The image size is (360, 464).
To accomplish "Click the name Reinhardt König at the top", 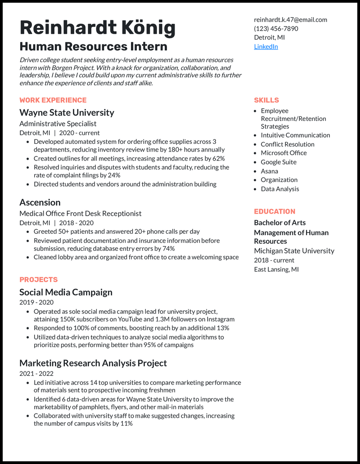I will tap(97, 28).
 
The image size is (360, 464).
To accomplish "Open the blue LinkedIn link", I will tap(266, 46).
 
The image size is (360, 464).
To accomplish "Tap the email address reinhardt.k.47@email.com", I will tap(290, 19).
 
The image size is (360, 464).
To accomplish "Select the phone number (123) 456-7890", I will tap(276, 28).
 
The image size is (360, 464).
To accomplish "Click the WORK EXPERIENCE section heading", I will tap(53, 100).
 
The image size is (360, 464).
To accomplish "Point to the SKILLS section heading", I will tap(266, 100).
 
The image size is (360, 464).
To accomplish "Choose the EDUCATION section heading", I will tap(274, 211).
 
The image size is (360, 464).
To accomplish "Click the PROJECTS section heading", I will tap(39, 279).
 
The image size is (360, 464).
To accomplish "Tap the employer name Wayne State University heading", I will tap(67, 112).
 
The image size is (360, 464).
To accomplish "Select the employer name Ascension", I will tap(40, 202).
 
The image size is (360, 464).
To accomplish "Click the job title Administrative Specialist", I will tap(58, 124).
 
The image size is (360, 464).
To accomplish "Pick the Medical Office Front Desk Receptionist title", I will tap(81, 214).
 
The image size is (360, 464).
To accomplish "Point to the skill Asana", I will tap(270, 171).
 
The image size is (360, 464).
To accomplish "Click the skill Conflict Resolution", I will tap(288, 144).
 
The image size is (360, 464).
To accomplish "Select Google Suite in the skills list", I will tap(279, 162).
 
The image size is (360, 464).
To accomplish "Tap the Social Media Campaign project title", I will tap(66, 292).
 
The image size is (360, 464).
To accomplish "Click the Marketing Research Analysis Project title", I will tap(93, 363).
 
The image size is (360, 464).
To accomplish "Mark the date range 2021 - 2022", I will tap(36, 374).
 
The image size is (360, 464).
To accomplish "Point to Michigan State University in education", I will tap(294, 250).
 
